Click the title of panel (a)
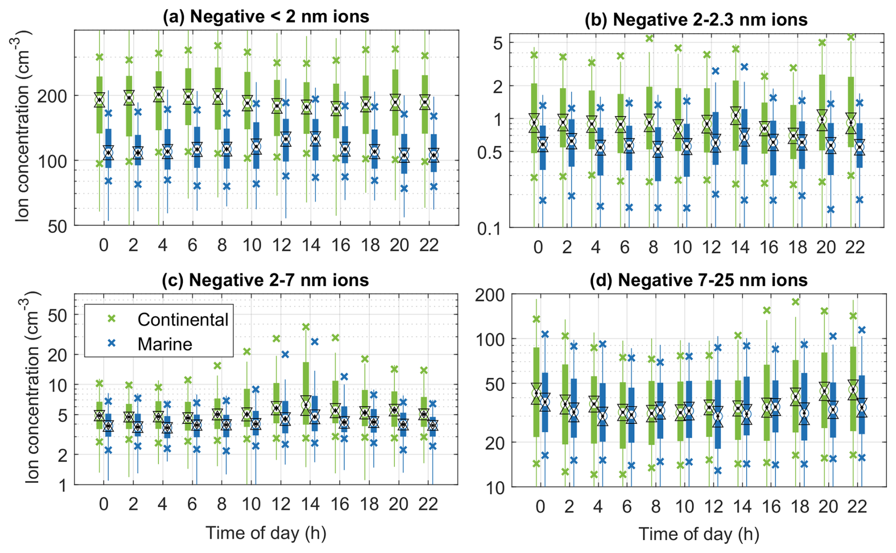(x=266, y=17)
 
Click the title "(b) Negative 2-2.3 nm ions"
(x=696, y=20)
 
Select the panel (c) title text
(x=265, y=280)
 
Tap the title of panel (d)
(x=699, y=280)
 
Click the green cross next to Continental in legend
(x=112, y=319)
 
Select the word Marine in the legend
(x=165, y=344)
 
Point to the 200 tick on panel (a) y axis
(x=53, y=96)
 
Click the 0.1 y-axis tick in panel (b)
(x=490, y=229)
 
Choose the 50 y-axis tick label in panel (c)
(x=57, y=315)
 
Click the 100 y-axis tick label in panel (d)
(x=490, y=339)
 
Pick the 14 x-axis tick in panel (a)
(x=311, y=245)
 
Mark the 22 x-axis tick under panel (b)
(x=855, y=247)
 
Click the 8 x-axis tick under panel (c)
(x=222, y=504)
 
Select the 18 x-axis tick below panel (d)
(x=799, y=507)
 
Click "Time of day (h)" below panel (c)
(x=266, y=533)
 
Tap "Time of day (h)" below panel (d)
(x=699, y=534)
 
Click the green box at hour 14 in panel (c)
(x=306, y=392)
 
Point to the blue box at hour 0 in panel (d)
(x=545, y=402)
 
